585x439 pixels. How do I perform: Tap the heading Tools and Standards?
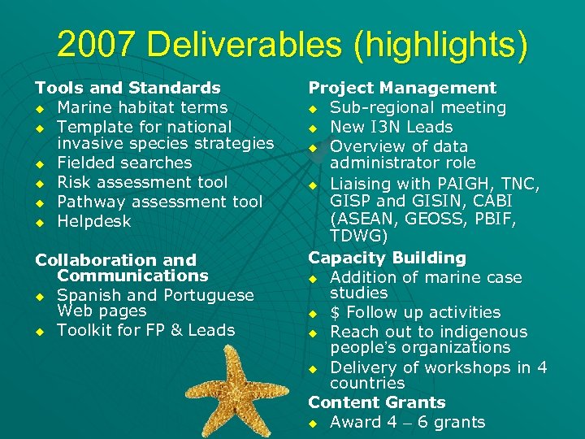(x=128, y=88)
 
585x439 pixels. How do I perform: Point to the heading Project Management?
(x=402, y=88)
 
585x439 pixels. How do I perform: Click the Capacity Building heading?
(x=388, y=258)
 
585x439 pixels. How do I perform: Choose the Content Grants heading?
(x=377, y=402)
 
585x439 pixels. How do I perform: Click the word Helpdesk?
(x=93, y=221)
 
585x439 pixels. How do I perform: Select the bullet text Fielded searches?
(x=124, y=163)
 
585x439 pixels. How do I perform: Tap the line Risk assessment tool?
(x=142, y=182)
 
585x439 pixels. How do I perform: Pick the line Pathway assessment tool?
(x=159, y=202)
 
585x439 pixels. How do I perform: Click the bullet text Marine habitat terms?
(x=142, y=107)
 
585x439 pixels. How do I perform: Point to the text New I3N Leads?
(x=391, y=127)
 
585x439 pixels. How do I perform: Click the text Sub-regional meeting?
(x=418, y=107)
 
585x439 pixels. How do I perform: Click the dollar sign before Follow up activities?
(x=335, y=312)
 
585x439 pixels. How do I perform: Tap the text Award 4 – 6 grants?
(x=407, y=422)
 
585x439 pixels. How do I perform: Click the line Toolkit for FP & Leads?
(x=145, y=330)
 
